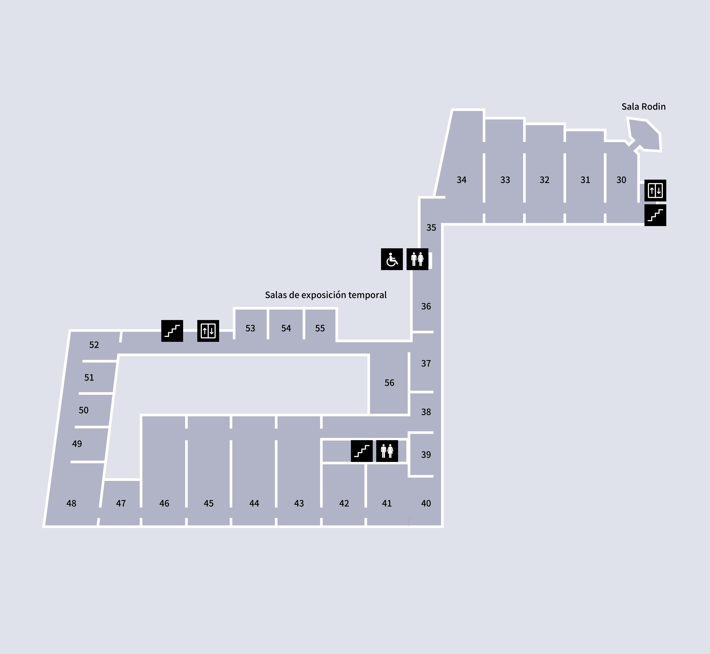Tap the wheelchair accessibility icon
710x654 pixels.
[x=392, y=259]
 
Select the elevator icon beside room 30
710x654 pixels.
[x=655, y=190]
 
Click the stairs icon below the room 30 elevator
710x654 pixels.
[x=655, y=215]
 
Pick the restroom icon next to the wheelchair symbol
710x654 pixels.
[x=417, y=259]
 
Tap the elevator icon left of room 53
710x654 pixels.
[x=208, y=331]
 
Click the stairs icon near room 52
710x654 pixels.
[x=172, y=331]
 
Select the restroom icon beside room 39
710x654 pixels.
[x=387, y=451]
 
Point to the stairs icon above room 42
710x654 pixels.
[x=362, y=451]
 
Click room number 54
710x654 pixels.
[x=286, y=328]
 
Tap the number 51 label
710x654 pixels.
[x=89, y=378]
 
